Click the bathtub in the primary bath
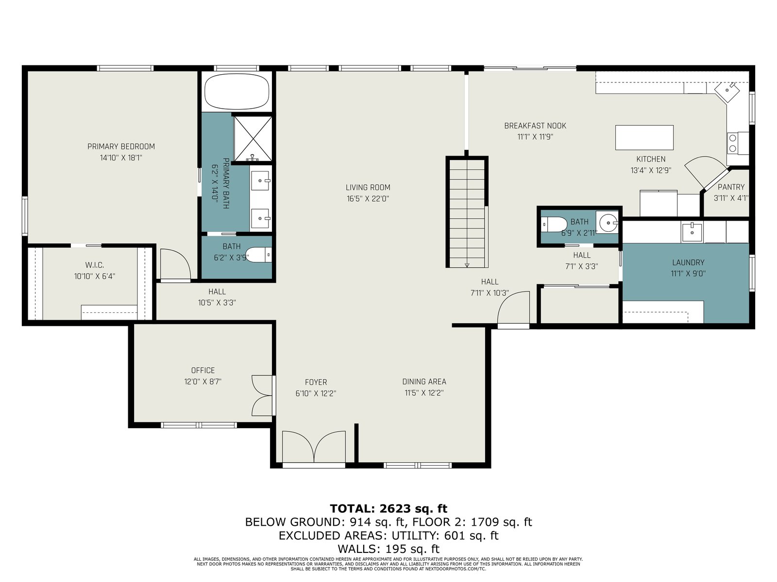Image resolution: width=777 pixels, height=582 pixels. (237, 92)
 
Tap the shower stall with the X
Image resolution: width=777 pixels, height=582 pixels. (253, 138)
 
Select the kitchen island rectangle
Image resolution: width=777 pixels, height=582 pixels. (644, 137)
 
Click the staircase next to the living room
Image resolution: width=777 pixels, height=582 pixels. (467, 212)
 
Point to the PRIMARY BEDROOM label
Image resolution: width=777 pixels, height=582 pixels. (121, 146)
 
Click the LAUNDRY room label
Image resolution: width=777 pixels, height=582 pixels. (688, 262)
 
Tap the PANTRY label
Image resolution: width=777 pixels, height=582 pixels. (731, 187)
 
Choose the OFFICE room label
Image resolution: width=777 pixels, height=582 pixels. (203, 370)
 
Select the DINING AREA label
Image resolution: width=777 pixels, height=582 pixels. (424, 381)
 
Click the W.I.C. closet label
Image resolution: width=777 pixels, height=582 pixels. (95, 265)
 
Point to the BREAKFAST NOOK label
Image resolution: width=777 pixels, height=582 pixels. (535, 126)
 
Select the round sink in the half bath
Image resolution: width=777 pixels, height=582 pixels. (608, 223)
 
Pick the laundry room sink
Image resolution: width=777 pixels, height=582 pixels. (692, 232)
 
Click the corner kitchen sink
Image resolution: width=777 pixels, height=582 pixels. (726, 90)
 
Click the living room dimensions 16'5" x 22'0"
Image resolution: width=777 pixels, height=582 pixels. (368, 198)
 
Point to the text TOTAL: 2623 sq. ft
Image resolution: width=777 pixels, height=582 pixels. (388, 508)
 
